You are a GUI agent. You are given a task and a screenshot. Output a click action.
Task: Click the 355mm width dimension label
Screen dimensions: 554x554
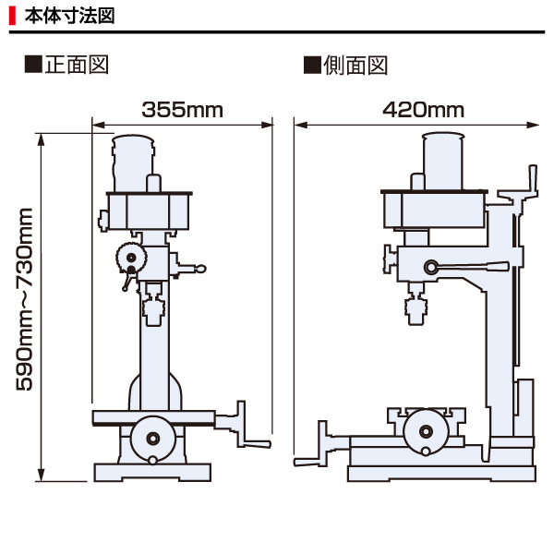tap(182, 110)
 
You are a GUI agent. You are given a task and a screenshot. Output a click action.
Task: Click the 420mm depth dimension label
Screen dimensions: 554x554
tap(423, 110)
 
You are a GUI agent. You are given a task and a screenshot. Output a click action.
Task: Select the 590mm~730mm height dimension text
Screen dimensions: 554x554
tap(25, 299)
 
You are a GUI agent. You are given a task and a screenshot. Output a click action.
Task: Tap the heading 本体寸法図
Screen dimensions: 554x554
tap(69, 16)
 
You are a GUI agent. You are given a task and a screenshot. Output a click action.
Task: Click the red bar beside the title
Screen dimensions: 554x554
tap(12, 17)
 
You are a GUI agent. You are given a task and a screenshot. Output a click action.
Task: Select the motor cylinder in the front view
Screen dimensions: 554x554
tap(133, 163)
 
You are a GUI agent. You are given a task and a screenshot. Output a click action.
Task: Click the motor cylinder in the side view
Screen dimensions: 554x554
tap(442, 161)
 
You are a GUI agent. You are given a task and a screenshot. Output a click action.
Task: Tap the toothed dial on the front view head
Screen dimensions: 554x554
tap(131, 257)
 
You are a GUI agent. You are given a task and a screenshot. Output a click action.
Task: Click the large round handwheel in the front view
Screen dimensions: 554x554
tap(153, 438)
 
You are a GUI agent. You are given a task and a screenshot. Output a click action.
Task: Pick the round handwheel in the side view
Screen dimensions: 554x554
tap(426, 431)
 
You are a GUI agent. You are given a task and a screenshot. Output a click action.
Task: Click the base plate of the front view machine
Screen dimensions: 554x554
tap(152, 473)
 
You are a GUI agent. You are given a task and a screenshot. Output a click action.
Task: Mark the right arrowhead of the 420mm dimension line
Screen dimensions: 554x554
tap(533, 125)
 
